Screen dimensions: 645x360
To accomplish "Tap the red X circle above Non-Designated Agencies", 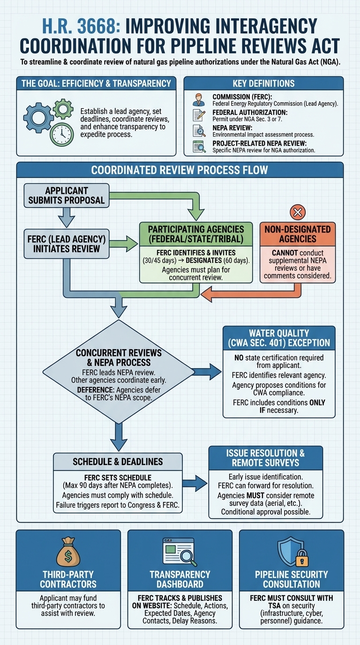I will (298, 212).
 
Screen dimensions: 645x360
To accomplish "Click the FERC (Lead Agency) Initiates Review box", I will (67, 242).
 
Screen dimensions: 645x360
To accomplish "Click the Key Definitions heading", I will (263, 83).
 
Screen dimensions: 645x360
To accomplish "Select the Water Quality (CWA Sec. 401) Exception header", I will (279, 337).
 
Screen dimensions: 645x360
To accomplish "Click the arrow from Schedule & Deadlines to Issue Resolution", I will (195, 480).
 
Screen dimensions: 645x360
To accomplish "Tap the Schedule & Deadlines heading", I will (118, 462).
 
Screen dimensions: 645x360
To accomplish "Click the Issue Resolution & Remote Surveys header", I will (265, 458).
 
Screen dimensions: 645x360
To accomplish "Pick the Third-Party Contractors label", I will (68, 579).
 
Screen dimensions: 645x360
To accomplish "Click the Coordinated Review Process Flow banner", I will (180, 169).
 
